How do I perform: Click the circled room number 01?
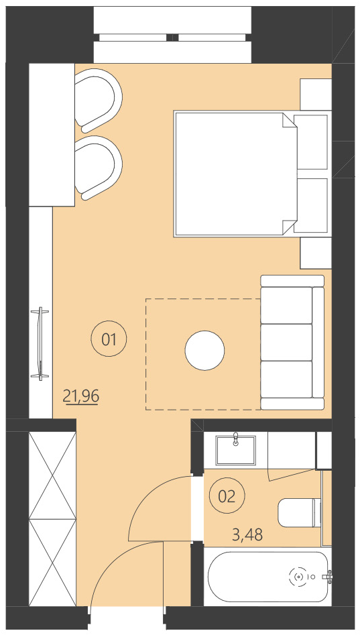coord(109,339)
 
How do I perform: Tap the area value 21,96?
coord(81,396)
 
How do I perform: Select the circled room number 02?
coord(227,496)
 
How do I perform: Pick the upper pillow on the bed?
coord(311,141)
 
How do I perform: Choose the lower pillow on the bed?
coord(311,205)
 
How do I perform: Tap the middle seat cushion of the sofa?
coord(287,342)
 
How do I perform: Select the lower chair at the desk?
coord(99,168)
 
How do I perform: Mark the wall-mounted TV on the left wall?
coord(42,342)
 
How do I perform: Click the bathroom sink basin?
coord(236,449)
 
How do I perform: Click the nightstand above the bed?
coord(315,94)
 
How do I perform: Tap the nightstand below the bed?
coord(315,252)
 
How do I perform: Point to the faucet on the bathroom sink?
coord(236,439)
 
